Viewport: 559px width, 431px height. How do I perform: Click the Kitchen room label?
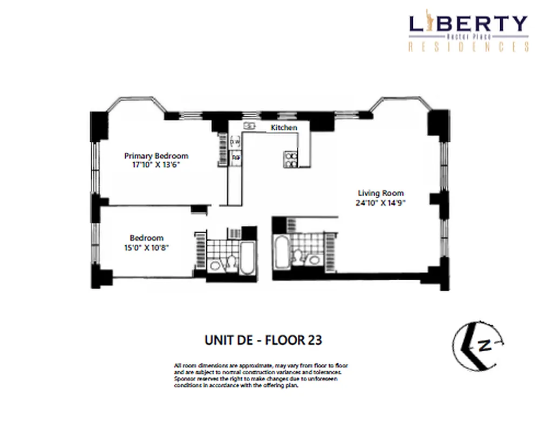(284, 128)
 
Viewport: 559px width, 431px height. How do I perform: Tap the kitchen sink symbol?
(249, 126)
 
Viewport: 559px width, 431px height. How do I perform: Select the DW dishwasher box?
(235, 142)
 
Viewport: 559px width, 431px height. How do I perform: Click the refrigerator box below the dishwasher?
(236, 158)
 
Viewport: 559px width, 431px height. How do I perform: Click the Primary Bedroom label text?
(156, 156)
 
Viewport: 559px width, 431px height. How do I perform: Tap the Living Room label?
(381, 193)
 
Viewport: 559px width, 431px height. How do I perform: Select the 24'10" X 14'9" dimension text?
(380, 203)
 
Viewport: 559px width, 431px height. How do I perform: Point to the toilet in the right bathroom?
(298, 256)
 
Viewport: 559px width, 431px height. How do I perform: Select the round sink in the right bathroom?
(314, 260)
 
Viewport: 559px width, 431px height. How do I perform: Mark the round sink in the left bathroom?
(215, 265)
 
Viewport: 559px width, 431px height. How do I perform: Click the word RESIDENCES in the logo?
(468, 47)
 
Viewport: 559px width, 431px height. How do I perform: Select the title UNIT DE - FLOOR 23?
(263, 340)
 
